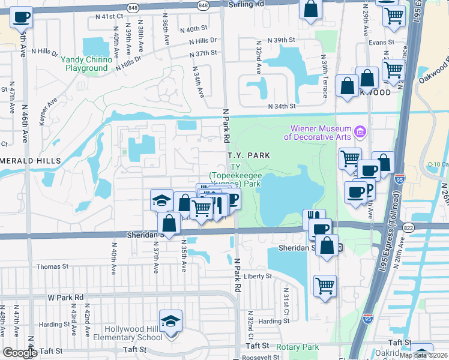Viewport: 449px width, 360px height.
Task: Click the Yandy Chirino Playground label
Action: point(86,64)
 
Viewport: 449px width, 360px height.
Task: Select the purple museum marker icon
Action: point(360,131)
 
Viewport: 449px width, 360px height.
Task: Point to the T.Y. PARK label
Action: point(249,155)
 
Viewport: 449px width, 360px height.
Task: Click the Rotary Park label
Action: point(298,347)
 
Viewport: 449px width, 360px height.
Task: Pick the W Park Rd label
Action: point(65,297)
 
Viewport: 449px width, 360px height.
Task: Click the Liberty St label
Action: point(258,277)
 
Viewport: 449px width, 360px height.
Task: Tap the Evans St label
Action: point(381,43)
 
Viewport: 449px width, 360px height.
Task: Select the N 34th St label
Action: point(282,106)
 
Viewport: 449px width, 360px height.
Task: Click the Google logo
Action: point(20,353)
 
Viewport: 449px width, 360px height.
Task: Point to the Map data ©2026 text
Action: point(423,355)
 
